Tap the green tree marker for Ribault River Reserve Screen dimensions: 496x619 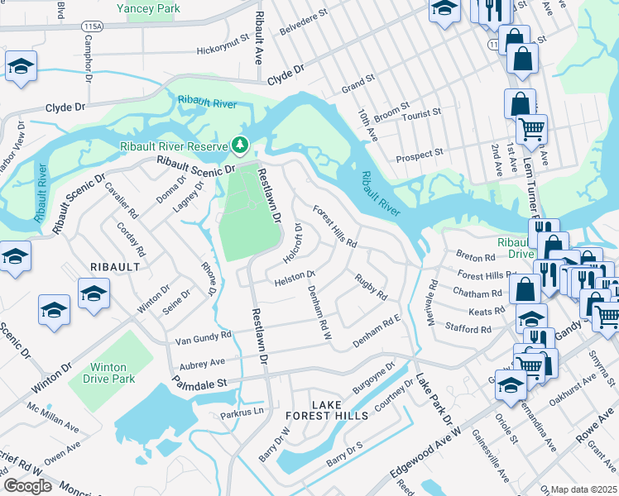click(x=240, y=145)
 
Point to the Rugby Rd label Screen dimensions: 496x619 click(x=371, y=287)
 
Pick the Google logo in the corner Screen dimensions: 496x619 click(x=27, y=486)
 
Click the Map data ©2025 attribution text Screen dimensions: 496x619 click(x=583, y=489)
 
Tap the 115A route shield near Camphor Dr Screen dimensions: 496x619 click(x=93, y=26)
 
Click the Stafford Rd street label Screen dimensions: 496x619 click(x=468, y=329)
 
